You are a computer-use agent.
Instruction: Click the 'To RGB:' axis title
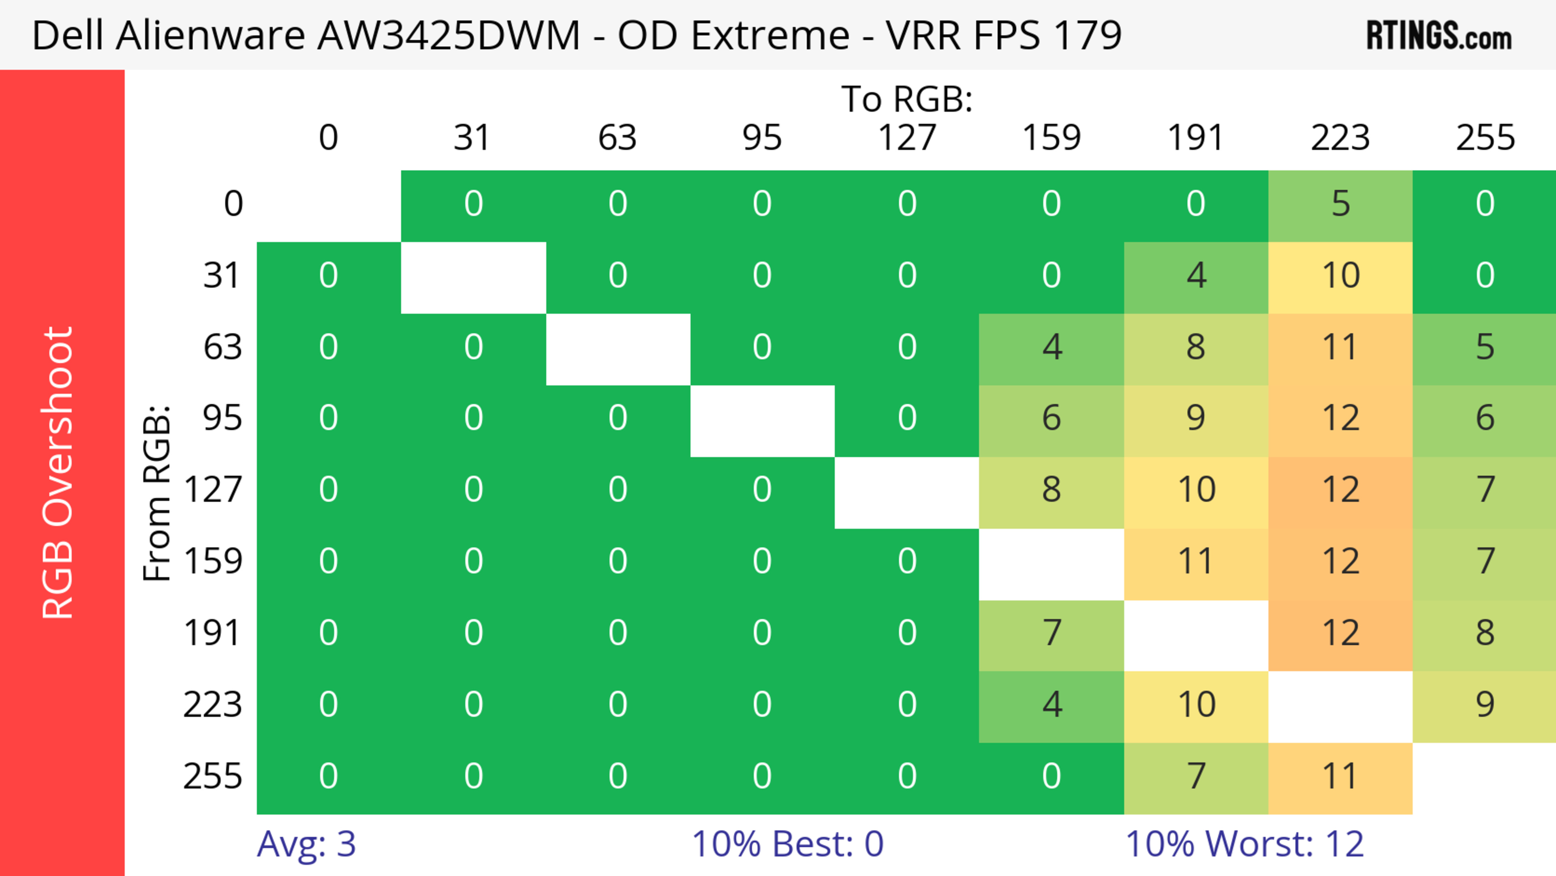907,99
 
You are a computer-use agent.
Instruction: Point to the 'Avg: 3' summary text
306,844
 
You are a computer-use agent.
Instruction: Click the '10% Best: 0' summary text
787,844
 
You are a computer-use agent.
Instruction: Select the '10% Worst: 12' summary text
1244,844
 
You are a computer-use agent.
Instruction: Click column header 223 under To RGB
1340,138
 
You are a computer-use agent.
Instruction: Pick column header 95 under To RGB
762,138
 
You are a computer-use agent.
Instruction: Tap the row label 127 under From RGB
213,489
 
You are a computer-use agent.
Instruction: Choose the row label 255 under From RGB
213,776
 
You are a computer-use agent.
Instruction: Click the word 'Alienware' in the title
212,35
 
